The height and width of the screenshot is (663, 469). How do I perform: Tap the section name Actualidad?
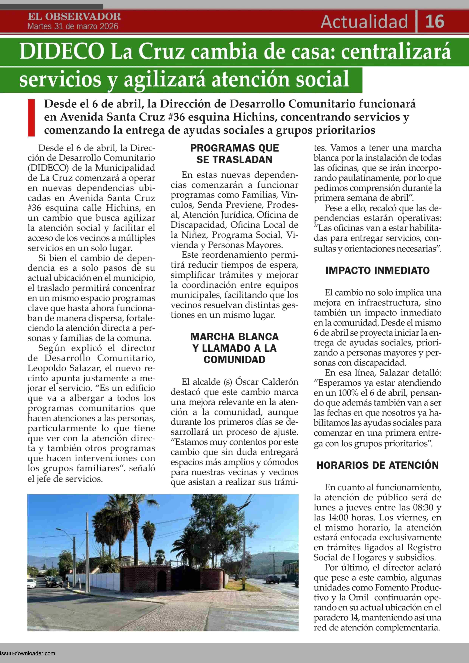pos(364,22)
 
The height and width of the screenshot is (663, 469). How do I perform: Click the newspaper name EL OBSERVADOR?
pos(74,16)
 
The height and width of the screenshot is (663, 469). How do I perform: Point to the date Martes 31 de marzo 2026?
pos(73,27)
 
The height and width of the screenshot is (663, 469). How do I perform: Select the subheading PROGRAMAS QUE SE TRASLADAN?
pos(234,154)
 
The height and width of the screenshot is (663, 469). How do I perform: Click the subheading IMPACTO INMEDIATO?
pos(377,271)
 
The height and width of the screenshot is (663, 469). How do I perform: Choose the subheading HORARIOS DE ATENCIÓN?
pos(377,465)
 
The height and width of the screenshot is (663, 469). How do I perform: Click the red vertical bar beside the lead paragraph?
pos(31,118)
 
